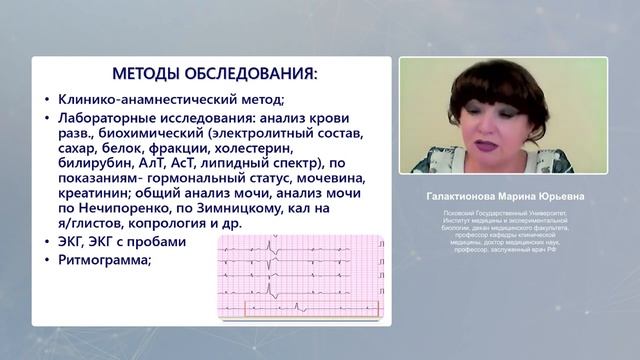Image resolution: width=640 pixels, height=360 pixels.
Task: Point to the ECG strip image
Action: point(300,278)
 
